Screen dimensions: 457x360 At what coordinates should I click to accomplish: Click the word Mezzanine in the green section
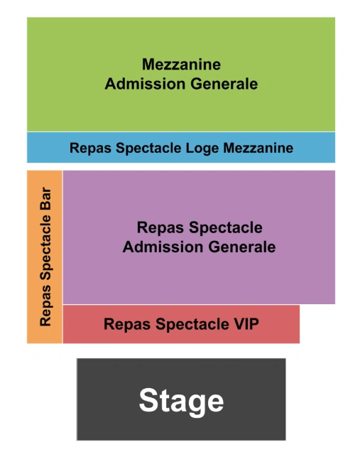pos(181,65)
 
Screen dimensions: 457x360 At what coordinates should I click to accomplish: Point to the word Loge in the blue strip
pos(202,149)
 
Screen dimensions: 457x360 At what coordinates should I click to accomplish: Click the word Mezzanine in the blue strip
pos(258,149)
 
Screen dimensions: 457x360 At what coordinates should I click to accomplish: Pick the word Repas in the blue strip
pos(87,149)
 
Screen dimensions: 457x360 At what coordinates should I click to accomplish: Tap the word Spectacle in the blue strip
pos(144,149)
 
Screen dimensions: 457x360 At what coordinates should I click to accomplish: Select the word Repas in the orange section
pos(45,309)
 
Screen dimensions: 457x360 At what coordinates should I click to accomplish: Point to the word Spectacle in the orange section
pos(45,252)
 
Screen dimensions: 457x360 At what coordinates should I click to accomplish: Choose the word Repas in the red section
pos(124,325)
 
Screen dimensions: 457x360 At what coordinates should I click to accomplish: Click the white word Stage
pos(181,400)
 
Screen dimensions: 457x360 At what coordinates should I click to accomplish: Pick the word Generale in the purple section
pos(243,247)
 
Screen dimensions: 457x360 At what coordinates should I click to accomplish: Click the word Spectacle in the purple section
pos(222,228)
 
